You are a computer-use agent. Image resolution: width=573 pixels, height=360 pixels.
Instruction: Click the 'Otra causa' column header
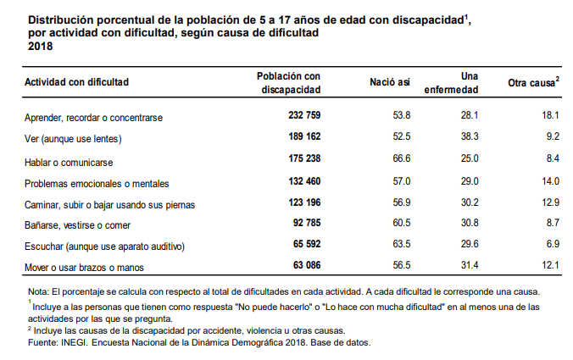[533, 83]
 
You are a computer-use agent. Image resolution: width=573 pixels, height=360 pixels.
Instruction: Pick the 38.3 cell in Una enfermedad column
[469, 138]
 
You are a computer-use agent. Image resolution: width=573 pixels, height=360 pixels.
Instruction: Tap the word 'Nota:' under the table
[39, 291]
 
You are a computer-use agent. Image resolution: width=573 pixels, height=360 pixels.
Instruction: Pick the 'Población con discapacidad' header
[288, 82]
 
